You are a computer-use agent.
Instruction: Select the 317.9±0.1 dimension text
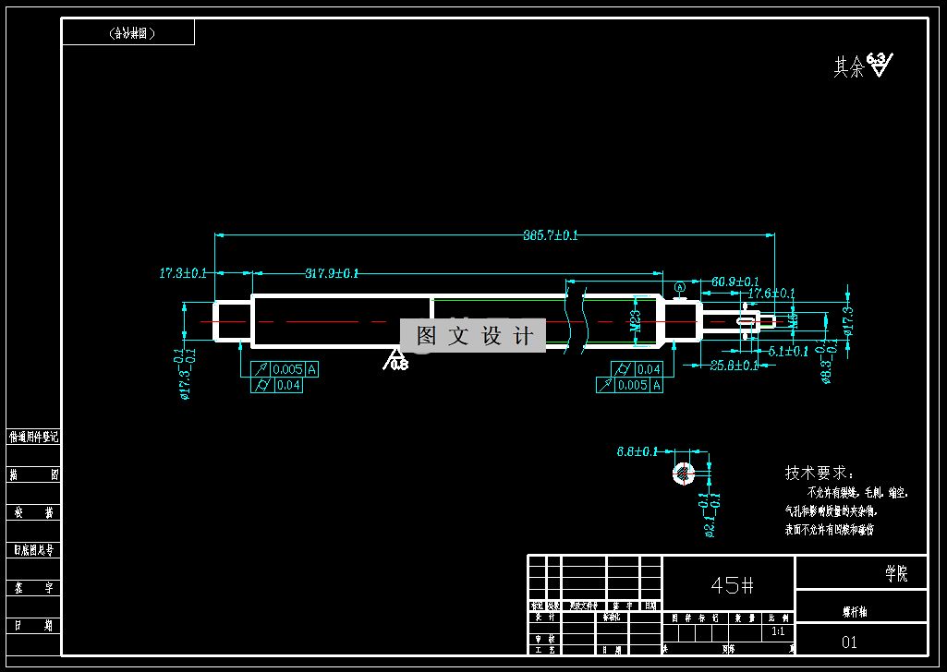pos(332,273)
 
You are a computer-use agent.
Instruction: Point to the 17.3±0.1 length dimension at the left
pos(183,273)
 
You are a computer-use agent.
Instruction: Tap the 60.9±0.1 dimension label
pos(735,282)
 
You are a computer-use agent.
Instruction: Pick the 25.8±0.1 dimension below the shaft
pos(734,366)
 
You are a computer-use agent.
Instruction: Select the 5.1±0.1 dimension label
pos(788,352)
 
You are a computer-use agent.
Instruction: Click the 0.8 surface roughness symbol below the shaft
pos(396,361)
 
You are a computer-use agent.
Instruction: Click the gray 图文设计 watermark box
pos(474,336)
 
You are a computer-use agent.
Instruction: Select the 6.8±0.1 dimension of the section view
pos(637,451)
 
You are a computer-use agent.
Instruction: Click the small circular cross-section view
pos(683,474)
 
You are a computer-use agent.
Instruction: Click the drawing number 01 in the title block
pos(850,642)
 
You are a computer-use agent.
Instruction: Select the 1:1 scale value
pos(778,632)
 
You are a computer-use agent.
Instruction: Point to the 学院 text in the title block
pos(895,574)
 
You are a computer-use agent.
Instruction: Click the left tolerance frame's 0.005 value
pos(286,370)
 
